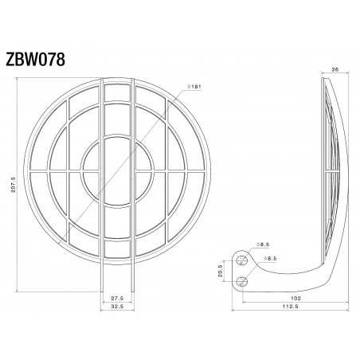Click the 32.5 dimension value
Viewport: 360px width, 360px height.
(116, 306)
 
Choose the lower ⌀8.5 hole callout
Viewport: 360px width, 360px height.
(272, 260)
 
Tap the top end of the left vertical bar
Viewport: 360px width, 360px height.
(101, 80)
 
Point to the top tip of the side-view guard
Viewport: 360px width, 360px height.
(323, 78)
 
